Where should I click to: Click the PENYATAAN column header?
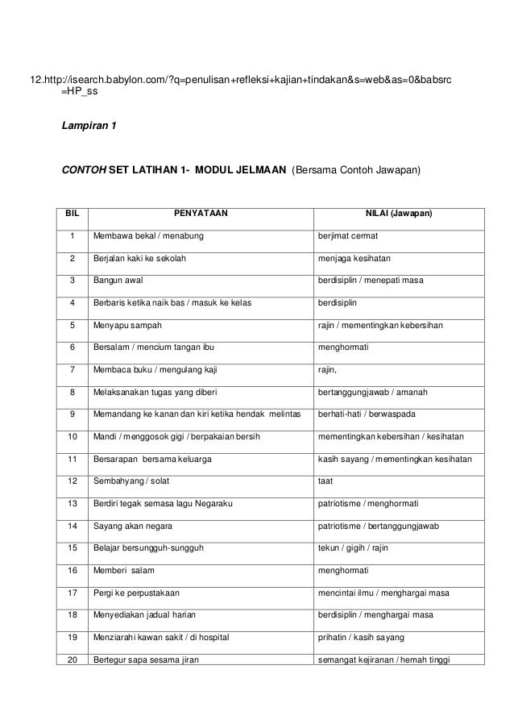click(x=201, y=214)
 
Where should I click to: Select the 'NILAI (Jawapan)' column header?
click(x=399, y=214)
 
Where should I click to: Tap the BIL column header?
click(x=72, y=214)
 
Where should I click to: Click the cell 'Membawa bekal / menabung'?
click(x=148, y=236)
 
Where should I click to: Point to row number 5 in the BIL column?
click(x=72, y=326)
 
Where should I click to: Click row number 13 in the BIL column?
click(x=72, y=504)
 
